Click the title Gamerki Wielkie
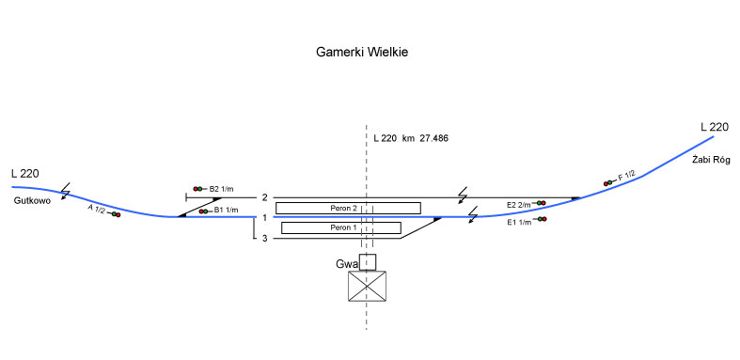(x=362, y=52)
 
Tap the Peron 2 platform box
(x=348, y=208)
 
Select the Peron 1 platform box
(x=341, y=227)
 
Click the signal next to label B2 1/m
(x=197, y=189)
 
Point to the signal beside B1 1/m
(x=203, y=211)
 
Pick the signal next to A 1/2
(x=116, y=214)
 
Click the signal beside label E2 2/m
(x=542, y=203)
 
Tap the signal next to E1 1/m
(x=543, y=219)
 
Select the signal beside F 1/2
(x=607, y=183)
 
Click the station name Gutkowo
(x=32, y=200)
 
